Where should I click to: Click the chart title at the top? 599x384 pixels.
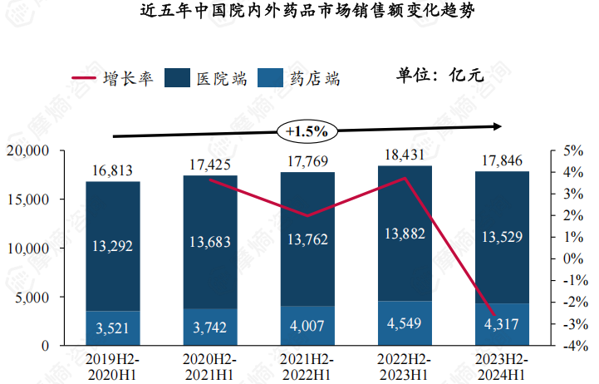300,14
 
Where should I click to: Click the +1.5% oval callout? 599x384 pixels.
307,130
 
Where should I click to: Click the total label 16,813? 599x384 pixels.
112,170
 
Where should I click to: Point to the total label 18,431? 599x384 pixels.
404,155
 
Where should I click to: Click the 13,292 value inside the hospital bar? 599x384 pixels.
112,245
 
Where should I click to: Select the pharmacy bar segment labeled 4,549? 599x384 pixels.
404,323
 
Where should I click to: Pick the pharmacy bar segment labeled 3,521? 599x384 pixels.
112,328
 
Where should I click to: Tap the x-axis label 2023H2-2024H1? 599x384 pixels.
501,367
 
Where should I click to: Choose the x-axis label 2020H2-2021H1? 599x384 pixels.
209,367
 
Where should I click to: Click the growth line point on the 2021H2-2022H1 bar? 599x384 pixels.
307,216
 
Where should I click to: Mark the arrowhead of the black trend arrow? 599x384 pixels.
498,126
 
